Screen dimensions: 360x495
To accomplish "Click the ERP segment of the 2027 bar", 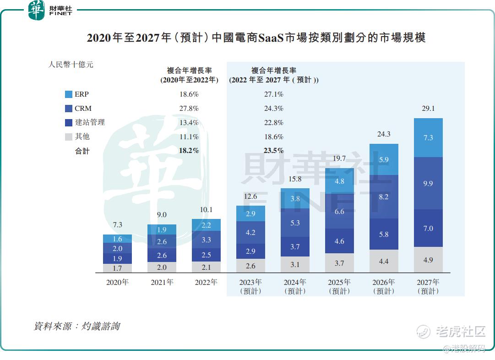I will (x=428, y=137).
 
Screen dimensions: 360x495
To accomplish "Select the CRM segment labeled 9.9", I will (x=428, y=183).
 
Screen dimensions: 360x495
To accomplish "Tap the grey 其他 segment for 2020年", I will (x=117, y=268).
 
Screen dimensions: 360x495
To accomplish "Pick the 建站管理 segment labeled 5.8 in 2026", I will (x=384, y=234).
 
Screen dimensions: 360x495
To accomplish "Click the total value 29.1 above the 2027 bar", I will (x=428, y=109).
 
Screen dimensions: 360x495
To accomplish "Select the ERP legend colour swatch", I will (x=69, y=94).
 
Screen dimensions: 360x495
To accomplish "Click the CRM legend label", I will (x=83, y=109).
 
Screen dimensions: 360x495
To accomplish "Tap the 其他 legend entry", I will (x=82, y=136).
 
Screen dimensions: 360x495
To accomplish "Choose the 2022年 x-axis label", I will (x=206, y=282).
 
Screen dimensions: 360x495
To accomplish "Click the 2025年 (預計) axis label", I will (x=339, y=286).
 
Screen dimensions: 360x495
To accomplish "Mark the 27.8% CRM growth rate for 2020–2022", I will (x=189, y=109).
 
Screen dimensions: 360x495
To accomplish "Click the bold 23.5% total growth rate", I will (x=274, y=150).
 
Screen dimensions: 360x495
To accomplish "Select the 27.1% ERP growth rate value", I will (x=274, y=94).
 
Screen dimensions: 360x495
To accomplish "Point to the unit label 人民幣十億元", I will (x=71, y=65).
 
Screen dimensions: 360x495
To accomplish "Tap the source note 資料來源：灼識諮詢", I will (x=77, y=326).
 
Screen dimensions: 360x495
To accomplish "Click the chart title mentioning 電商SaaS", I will (x=256, y=38).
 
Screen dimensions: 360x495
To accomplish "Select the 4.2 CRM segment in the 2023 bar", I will (x=250, y=232).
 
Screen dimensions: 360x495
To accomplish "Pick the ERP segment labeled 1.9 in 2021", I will (x=162, y=229).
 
